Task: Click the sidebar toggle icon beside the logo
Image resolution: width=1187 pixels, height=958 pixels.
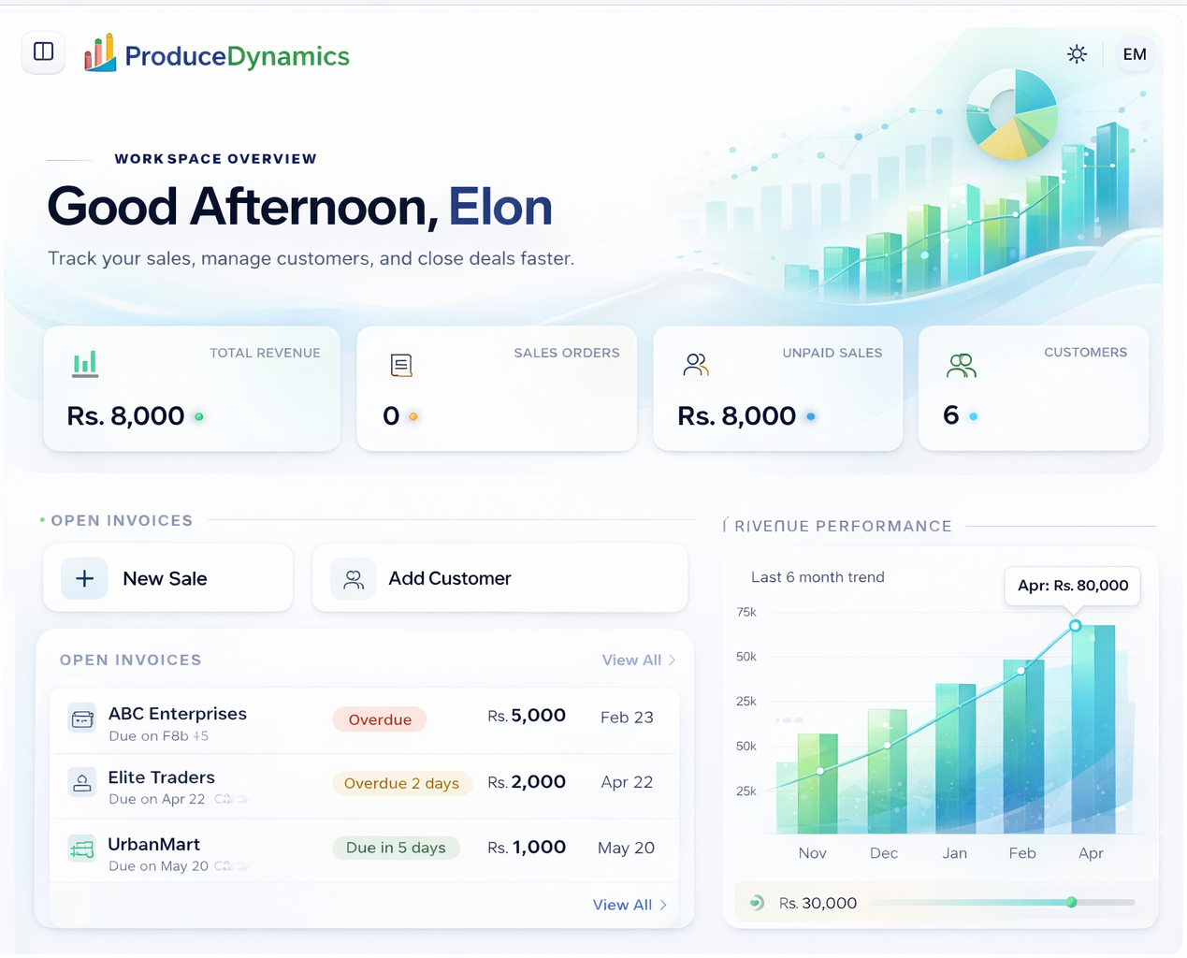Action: (x=43, y=51)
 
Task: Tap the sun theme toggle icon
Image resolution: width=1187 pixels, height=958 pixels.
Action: (x=1077, y=54)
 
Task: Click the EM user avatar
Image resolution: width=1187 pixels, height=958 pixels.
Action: (x=1134, y=54)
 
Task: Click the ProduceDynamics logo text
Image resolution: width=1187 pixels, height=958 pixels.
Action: (x=237, y=56)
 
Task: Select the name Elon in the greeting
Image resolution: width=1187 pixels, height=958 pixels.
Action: (x=499, y=207)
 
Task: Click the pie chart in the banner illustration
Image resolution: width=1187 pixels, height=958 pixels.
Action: (x=1011, y=114)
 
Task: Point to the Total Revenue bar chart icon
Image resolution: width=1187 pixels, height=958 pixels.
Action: (x=85, y=364)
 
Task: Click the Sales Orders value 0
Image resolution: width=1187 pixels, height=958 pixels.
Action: (x=391, y=416)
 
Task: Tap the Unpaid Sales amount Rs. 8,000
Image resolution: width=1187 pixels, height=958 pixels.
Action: (x=736, y=416)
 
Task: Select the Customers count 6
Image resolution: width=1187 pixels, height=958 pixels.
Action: (x=950, y=415)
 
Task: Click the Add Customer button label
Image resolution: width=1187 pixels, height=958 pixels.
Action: (x=449, y=579)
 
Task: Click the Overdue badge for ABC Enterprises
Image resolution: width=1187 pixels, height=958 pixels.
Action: (x=380, y=719)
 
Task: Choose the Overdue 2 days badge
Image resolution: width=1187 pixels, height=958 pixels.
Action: (x=401, y=783)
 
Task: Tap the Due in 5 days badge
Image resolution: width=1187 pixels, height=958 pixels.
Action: (x=396, y=848)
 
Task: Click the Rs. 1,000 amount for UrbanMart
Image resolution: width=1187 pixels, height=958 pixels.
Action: (x=527, y=848)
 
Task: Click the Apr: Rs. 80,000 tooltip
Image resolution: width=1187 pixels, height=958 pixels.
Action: (x=1072, y=586)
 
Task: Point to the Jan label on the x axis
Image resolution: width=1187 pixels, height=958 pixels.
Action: (x=954, y=853)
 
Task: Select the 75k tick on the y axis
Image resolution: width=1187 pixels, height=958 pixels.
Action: (x=746, y=612)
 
